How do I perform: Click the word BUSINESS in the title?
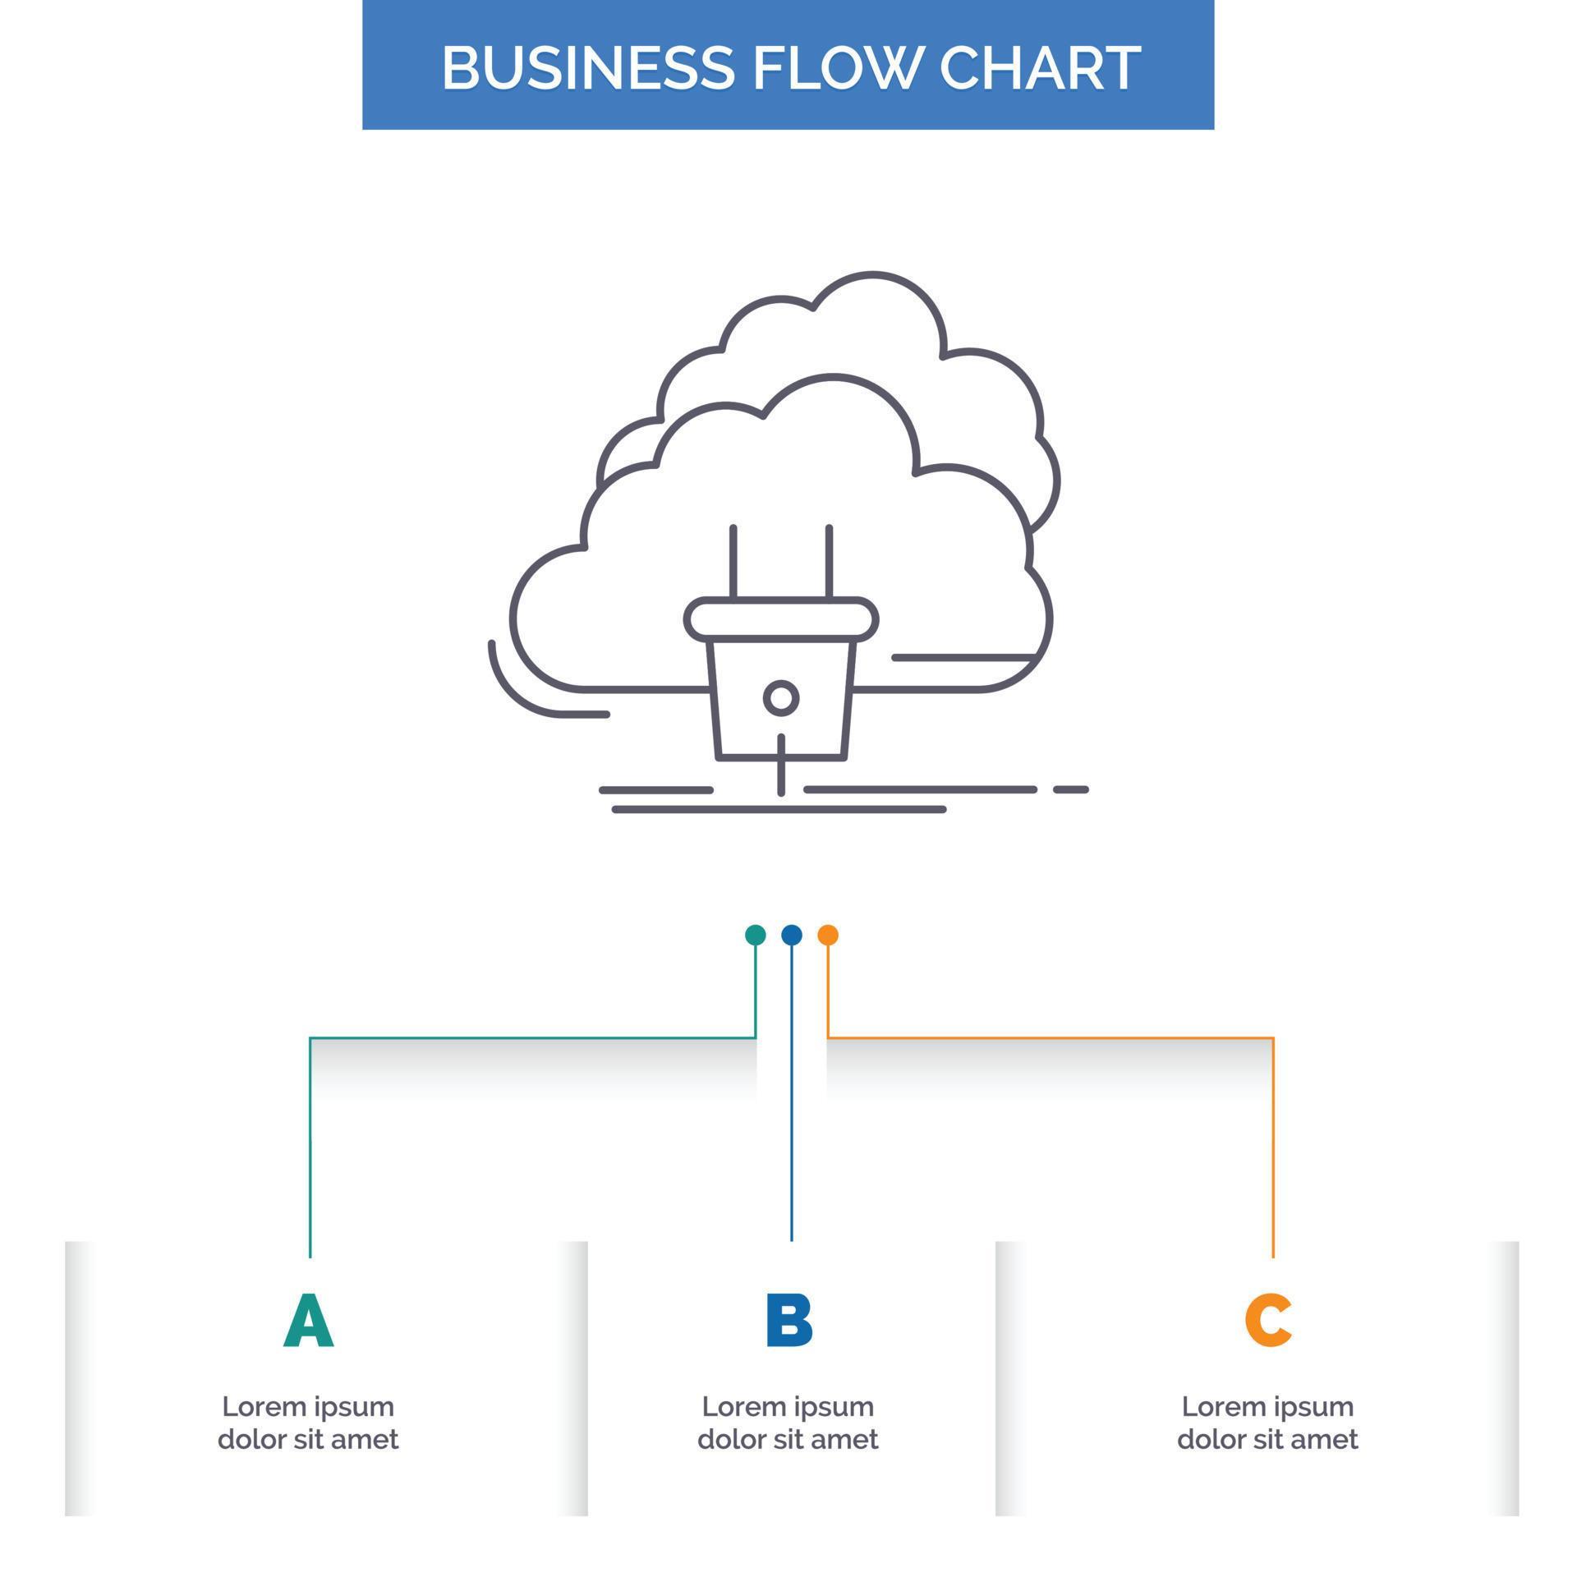pyautogui.click(x=587, y=67)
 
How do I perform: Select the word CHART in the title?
pyautogui.click(x=1039, y=67)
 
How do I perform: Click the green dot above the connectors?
pyautogui.click(x=755, y=935)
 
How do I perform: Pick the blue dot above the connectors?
pyautogui.click(x=791, y=935)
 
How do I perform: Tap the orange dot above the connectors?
pyautogui.click(x=827, y=935)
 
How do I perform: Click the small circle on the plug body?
pyautogui.click(x=780, y=698)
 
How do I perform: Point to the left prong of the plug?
pyautogui.click(x=733, y=562)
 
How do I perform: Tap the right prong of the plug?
pyautogui.click(x=829, y=562)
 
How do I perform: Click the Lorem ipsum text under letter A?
pyautogui.click(x=308, y=1423)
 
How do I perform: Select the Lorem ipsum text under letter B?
pyautogui.click(x=788, y=1423)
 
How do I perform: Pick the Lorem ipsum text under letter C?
pyautogui.click(x=1267, y=1423)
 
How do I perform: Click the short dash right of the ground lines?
pyautogui.click(x=1070, y=789)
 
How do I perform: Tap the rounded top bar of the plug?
pyautogui.click(x=780, y=619)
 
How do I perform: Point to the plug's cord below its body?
pyautogui.click(x=781, y=768)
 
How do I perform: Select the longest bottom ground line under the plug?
pyautogui.click(x=779, y=810)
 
